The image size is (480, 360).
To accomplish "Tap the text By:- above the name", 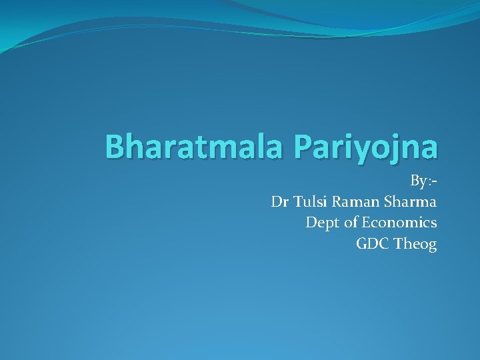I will click(x=423, y=181).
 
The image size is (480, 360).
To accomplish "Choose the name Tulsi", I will click(x=307, y=201).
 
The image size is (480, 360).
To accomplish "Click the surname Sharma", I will click(x=409, y=201).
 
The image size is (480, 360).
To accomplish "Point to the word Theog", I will click(x=415, y=244).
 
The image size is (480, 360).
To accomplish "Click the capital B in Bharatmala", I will click(x=117, y=147).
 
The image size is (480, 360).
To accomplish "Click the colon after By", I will click(x=429, y=182).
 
